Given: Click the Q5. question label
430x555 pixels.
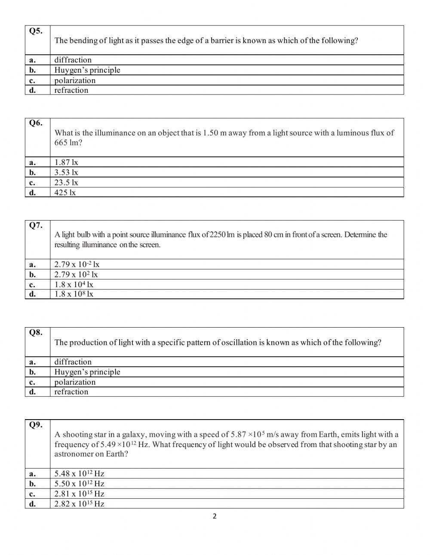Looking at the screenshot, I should [36, 31].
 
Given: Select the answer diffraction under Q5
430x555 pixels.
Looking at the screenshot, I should [73, 60].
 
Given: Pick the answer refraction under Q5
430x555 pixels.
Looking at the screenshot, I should [71, 90].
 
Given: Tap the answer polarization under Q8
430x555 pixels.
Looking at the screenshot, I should [75, 382].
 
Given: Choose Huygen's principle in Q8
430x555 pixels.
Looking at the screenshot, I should [87, 372].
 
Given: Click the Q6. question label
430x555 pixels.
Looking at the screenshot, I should [36, 123].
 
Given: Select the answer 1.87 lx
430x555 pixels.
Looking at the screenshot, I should [66, 162].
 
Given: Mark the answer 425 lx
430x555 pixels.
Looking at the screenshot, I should [65, 193].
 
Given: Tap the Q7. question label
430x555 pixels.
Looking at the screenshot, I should [36, 225].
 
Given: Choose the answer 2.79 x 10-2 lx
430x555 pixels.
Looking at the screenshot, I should [77, 264].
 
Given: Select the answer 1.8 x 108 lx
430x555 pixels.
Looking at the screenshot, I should [74, 294].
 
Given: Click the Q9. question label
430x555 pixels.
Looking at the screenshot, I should [36, 425].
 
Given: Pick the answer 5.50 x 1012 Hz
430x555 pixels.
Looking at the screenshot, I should [79, 484].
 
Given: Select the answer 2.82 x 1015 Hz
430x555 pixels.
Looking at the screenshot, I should [79, 504].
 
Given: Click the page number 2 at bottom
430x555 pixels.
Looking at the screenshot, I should [215, 516].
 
